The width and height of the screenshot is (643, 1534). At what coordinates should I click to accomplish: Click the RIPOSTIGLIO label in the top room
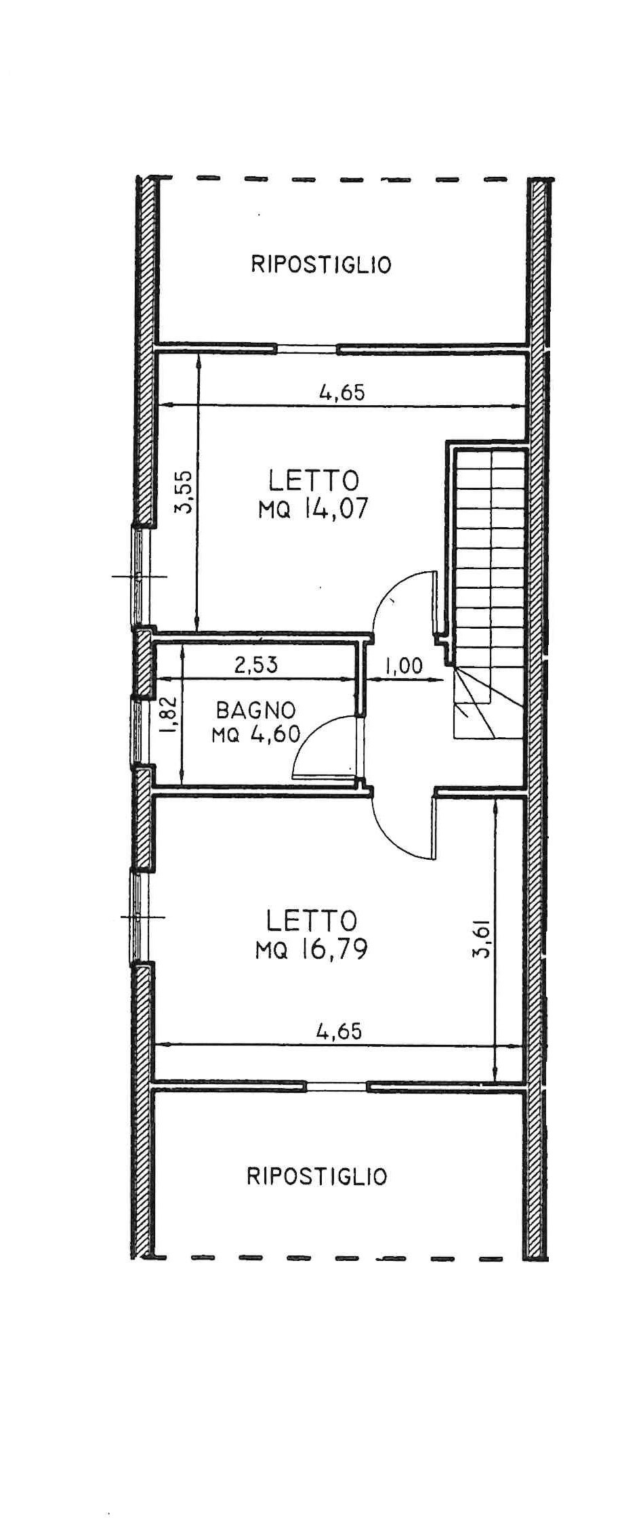tap(321, 264)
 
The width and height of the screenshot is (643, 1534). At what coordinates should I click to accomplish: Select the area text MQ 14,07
tap(313, 509)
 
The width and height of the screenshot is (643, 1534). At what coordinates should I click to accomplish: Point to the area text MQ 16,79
tap(312, 949)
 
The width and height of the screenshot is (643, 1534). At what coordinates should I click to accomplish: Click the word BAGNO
tap(256, 710)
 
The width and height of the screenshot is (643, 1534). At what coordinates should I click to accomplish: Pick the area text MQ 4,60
tap(256, 734)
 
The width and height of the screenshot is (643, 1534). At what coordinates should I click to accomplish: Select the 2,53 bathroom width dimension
tap(256, 665)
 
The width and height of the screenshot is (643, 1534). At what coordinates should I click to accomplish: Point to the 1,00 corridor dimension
tap(404, 666)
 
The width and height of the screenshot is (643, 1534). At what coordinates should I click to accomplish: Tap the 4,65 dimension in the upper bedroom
tap(342, 392)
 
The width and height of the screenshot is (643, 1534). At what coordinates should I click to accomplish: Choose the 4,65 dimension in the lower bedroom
tap(339, 1031)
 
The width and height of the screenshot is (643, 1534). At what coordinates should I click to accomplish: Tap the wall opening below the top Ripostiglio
tap(306, 348)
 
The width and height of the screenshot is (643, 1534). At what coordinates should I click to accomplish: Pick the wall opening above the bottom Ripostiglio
tap(337, 1086)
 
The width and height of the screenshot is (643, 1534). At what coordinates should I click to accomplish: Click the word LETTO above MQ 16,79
tap(312, 921)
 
